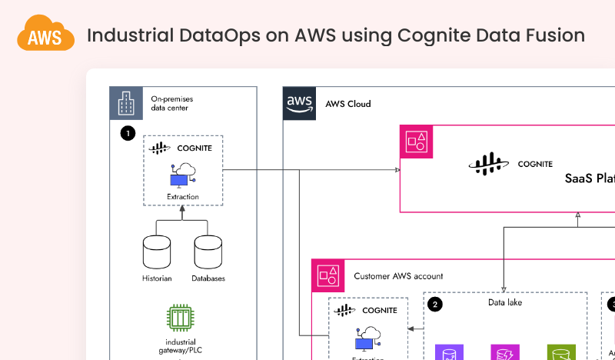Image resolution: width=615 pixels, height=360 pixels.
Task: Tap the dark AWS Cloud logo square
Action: coord(299,104)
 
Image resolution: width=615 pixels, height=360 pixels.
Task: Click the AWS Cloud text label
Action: coord(348,104)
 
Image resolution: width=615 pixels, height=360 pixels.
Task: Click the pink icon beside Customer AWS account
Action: coord(328,275)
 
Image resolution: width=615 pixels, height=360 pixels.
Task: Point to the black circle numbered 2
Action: coord(435,304)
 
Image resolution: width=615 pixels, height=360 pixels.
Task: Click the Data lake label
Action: coord(505,302)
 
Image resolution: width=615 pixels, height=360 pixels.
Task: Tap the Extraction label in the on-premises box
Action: coord(182,197)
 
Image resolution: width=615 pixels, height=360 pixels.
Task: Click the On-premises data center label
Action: coord(170,103)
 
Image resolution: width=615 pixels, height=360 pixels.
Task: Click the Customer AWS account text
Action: coord(398,276)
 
